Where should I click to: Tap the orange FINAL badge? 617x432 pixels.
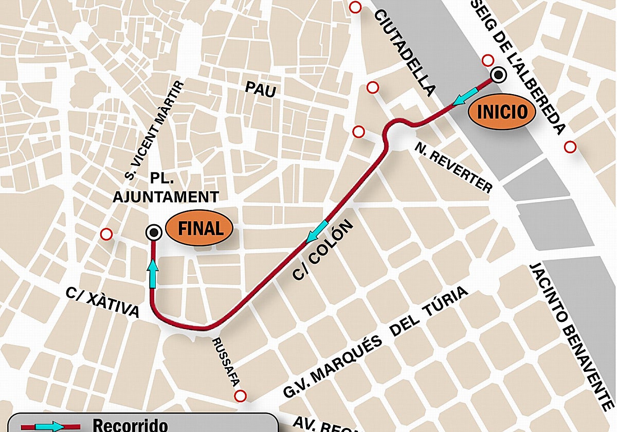coord(201,228)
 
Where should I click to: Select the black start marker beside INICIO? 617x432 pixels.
coord(498,76)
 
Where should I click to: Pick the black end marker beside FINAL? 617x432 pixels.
coord(153,232)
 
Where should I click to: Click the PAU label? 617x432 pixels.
coord(260,90)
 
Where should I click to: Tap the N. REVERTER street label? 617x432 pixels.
coord(453,168)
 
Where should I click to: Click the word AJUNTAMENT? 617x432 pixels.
coord(166,197)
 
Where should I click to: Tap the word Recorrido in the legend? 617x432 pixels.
coord(130,425)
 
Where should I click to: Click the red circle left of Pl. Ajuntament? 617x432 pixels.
coord(106,235)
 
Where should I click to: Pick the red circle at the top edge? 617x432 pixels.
coord(355,7)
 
